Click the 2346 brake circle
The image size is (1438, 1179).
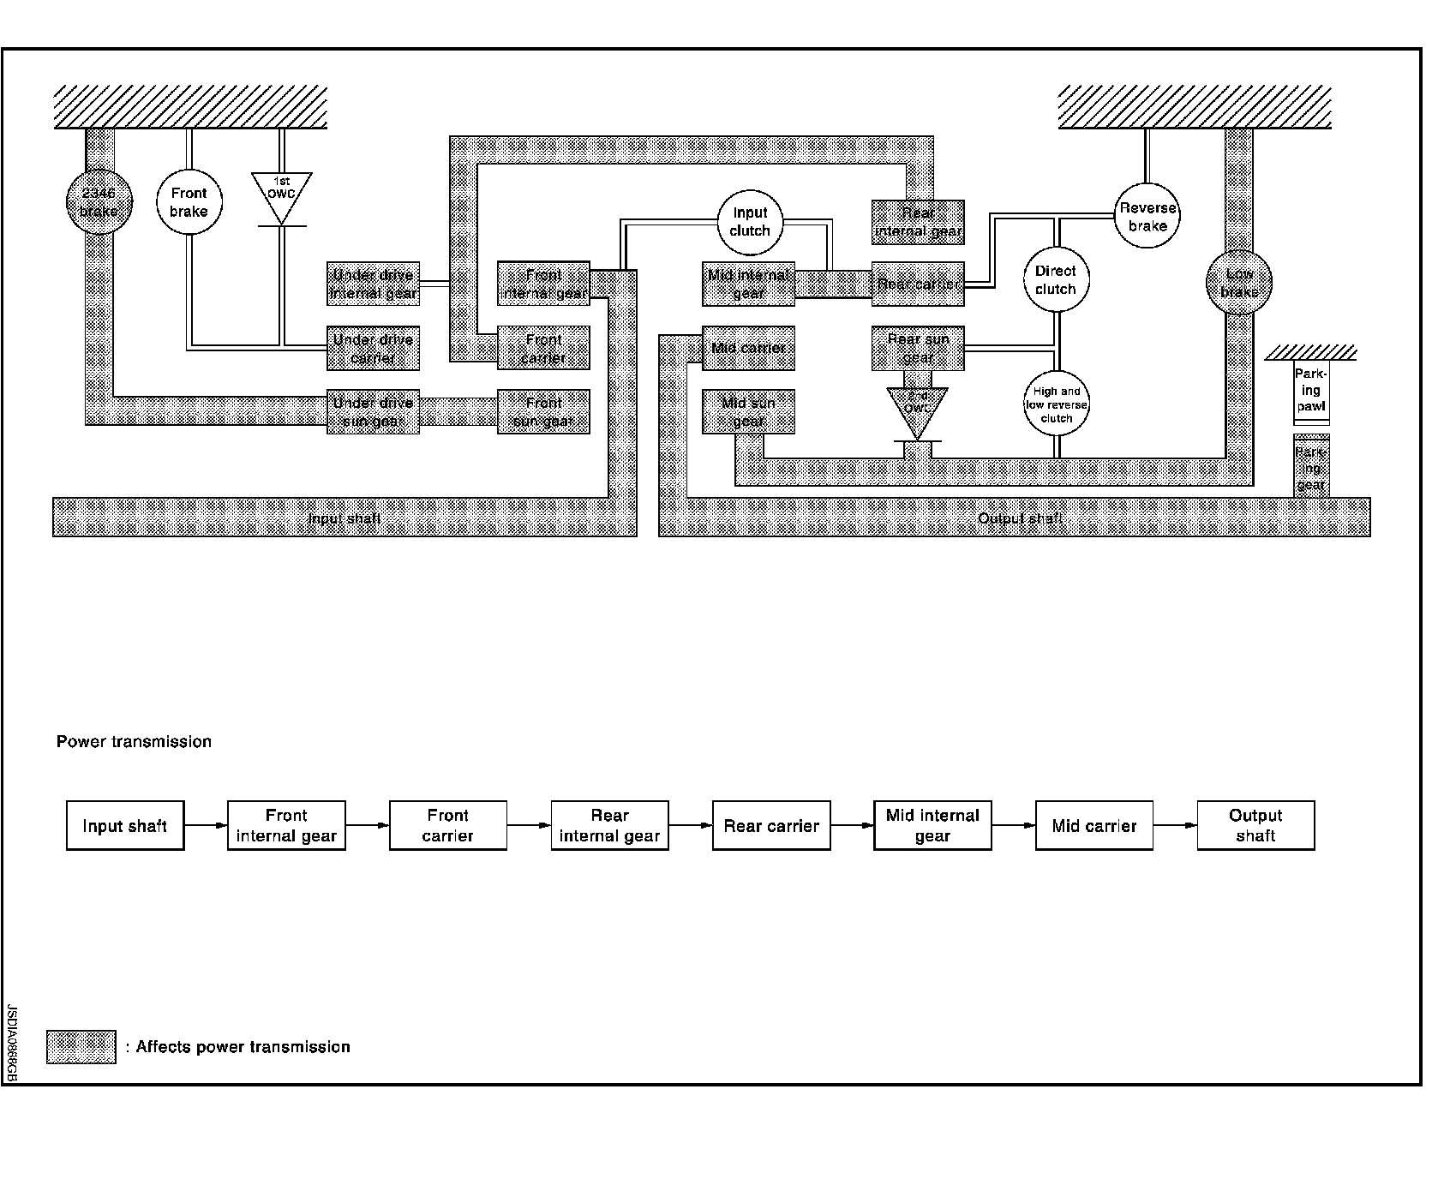(99, 202)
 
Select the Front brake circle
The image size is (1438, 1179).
(189, 202)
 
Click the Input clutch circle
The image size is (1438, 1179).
(750, 222)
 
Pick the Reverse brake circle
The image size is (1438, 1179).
(1147, 217)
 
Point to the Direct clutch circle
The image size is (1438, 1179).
(1056, 280)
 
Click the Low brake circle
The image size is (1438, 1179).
(1239, 283)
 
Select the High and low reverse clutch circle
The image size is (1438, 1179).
(1057, 404)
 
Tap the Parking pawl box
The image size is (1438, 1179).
(1311, 392)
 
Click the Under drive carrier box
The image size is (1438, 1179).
(373, 348)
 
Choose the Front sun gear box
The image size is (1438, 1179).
(543, 411)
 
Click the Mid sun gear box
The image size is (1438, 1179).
(748, 411)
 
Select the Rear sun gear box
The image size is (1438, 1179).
(918, 348)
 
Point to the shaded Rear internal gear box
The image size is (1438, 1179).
(918, 222)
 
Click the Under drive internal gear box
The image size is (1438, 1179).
(373, 284)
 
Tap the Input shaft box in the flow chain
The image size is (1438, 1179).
(125, 826)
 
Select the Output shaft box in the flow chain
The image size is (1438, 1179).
(1255, 826)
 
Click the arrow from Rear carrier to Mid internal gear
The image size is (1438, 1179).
(852, 826)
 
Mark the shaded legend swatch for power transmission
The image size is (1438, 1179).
(81, 1047)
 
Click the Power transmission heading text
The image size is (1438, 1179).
(134, 742)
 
